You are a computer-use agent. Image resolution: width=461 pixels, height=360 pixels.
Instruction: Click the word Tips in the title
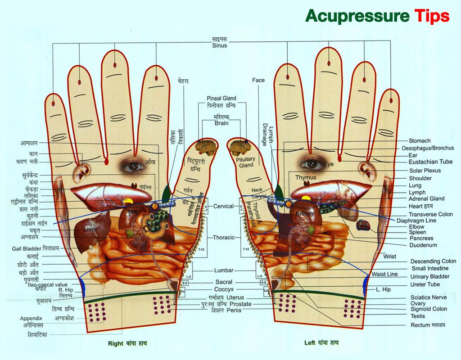click(x=431, y=15)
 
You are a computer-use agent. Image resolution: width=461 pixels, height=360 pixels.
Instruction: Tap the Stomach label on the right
click(x=420, y=141)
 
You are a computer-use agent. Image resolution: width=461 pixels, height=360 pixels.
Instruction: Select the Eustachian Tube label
click(x=430, y=162)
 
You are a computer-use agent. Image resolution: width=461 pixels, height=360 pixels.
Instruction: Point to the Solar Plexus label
click(x=425, y=171)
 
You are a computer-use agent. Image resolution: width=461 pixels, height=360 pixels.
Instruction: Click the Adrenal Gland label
click(x=426, y=198)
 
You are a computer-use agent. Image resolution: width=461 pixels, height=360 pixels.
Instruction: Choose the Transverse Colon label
click(x=430, y=214)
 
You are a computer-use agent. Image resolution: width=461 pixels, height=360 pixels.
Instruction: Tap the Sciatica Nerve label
click(x=428, y=297)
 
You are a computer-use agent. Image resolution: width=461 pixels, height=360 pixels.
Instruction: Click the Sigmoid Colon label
click(x=428, y=309)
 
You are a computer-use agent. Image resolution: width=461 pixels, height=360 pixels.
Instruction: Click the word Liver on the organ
click(x=90, y=229)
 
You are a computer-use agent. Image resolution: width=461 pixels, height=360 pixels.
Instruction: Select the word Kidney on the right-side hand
click(x=304, y=212)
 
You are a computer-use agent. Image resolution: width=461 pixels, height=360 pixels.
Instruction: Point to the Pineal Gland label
click(x=221, y=98)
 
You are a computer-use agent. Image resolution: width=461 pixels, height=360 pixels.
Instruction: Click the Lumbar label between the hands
click(x=224, y=270)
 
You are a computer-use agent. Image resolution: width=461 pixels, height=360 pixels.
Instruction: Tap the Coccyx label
click(x=224, y=289)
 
